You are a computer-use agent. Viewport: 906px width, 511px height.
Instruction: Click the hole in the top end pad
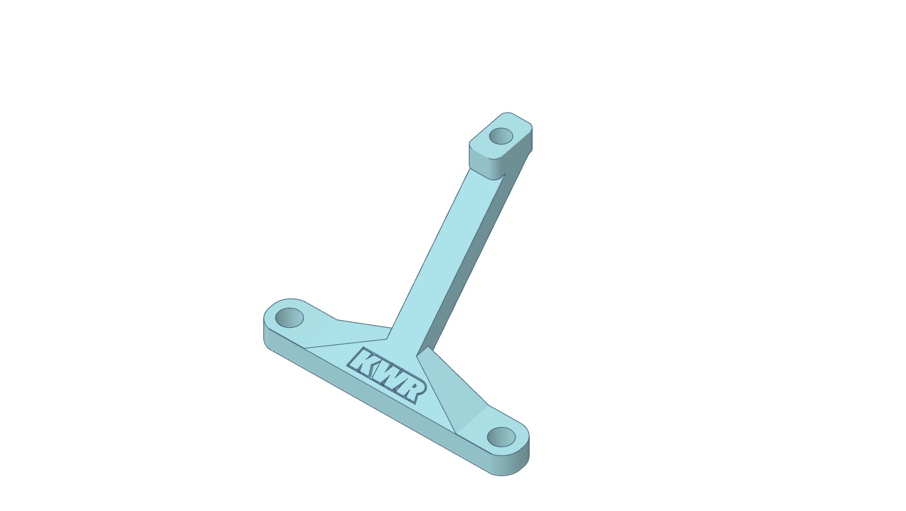point(501,136)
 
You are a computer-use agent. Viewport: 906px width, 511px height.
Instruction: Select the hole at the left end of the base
point(289,317)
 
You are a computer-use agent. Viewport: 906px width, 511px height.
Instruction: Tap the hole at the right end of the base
point(501,437)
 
